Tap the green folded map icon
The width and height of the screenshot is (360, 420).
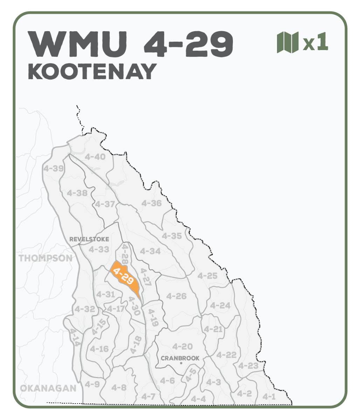point(288,42)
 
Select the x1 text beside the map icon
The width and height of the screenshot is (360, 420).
point(316,43)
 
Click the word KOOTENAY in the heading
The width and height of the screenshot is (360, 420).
point(92,72)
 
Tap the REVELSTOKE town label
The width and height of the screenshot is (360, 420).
point(89,239)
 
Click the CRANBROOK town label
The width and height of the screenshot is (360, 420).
point(180,358)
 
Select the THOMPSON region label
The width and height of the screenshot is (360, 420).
point(46,258)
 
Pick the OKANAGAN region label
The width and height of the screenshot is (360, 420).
point(48,388)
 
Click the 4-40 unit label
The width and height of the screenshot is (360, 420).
point(95,157)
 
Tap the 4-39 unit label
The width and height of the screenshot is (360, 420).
point(53,169)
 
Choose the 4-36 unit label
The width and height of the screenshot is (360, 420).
point(151,203)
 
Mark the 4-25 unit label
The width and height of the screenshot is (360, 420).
point(207,276)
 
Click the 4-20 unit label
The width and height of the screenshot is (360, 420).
point(182,346)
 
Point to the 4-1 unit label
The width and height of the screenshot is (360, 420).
point(269,397)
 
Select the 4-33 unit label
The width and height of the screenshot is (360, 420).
point(99,250)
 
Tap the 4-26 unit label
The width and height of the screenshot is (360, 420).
point(176,296)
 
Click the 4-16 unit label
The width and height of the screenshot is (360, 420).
point(99,349)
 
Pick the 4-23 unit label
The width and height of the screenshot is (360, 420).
point(248,366)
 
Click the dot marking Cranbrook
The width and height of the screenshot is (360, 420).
point(181,363)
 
